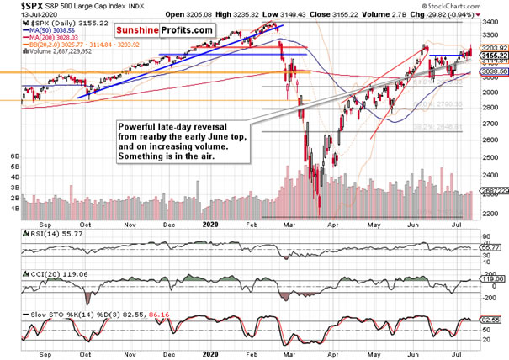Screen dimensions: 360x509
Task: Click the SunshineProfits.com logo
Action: (169, 30)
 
